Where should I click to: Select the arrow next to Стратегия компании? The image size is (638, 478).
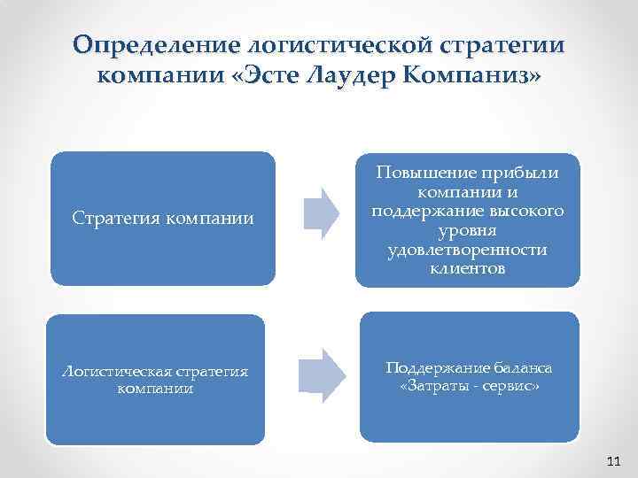[x=321, y=213]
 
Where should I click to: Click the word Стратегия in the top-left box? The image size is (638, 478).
[x=113, y=217]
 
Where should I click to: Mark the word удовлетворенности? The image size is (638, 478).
[x=467, y=250]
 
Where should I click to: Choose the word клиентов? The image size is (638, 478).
[x=467, y=269]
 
